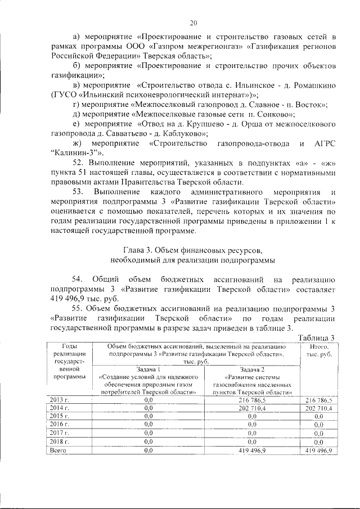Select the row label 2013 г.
(x=58, y=399)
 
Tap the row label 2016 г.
(x=58, y=424)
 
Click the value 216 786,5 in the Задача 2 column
(x=249, y=399)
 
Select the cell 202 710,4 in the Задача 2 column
(x=249, y=408)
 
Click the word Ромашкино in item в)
(x=309, y=84)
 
